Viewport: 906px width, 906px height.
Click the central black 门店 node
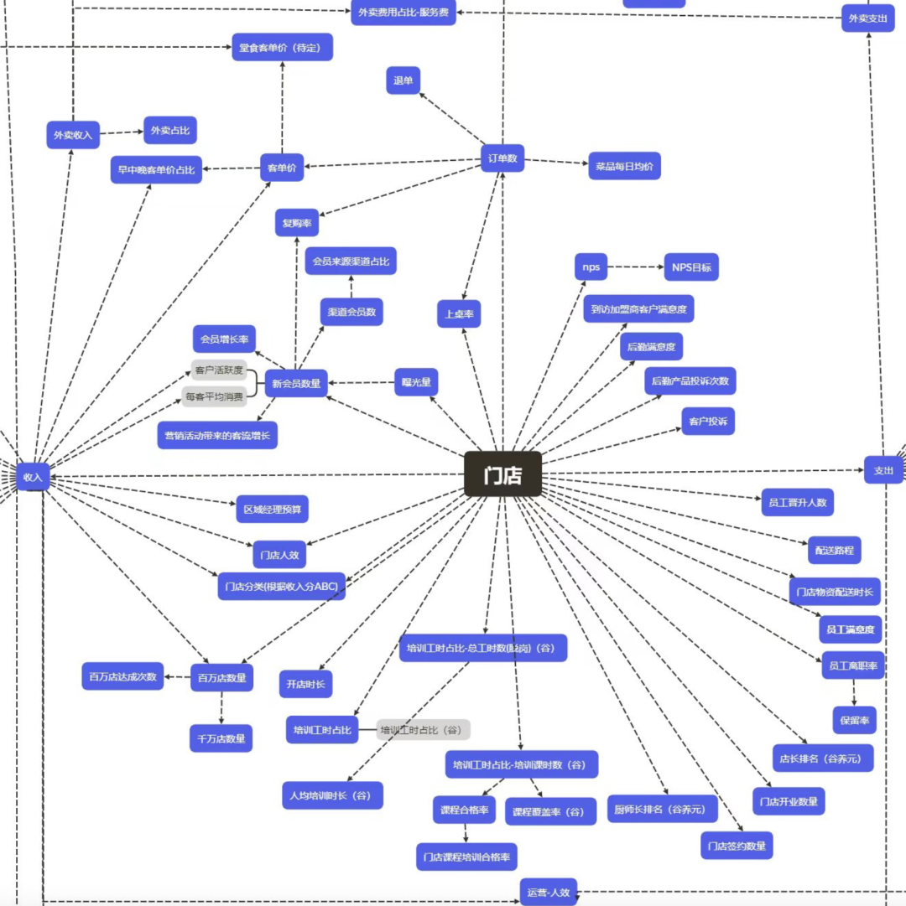[502, 474]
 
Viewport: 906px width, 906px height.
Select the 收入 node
[33, 477]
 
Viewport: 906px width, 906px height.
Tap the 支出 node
[883, 470]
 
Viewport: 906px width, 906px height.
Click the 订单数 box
[502, 158]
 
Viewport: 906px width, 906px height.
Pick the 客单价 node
[282, 168]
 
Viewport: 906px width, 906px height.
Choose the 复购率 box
[297, 223]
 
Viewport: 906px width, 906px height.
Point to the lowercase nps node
[591, 267]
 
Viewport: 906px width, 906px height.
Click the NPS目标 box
[691, 267]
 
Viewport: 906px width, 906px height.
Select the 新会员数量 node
[295, 383]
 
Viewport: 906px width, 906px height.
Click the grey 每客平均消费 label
[214, 396]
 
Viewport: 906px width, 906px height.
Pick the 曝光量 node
[416, 382]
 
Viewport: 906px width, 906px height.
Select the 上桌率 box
[459, 313]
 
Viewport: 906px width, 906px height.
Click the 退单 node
[403, 80]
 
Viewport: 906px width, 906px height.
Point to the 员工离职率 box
[852, 665]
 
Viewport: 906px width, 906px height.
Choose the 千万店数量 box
[221, 738]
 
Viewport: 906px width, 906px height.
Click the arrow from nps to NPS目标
[635, 267]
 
